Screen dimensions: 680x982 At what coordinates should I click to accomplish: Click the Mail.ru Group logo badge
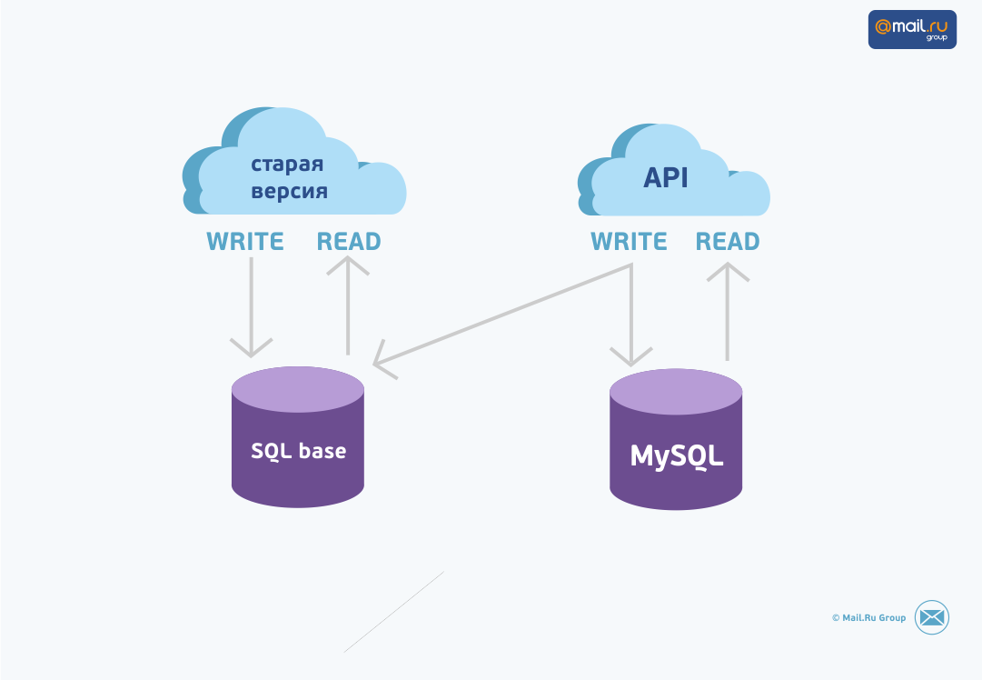tap(912, 29)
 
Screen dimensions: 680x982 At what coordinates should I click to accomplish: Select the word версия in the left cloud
tap(289, 192)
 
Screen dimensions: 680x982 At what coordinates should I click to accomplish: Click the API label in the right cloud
tap(666, 177)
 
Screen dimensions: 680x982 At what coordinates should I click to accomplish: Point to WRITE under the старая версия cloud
tap(245, 242)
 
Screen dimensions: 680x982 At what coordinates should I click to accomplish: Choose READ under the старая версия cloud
tap(349, 242)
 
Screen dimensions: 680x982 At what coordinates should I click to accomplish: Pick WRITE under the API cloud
tap(629, 242)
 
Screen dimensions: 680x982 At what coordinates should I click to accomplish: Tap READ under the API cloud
tap(728, 242)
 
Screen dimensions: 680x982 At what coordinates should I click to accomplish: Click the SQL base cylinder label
tap(298, 451)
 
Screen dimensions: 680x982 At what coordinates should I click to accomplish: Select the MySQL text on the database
tap(677, 455)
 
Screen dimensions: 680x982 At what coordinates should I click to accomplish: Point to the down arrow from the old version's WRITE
tap(251, 309)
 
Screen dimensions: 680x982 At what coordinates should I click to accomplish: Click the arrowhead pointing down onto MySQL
tap(631, 355)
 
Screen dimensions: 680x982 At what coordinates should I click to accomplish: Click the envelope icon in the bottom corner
tap(931, 617)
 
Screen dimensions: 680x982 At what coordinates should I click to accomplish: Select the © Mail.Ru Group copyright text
tap(868, 618)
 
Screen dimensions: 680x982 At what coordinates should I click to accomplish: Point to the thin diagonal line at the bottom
tap(394, 611)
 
